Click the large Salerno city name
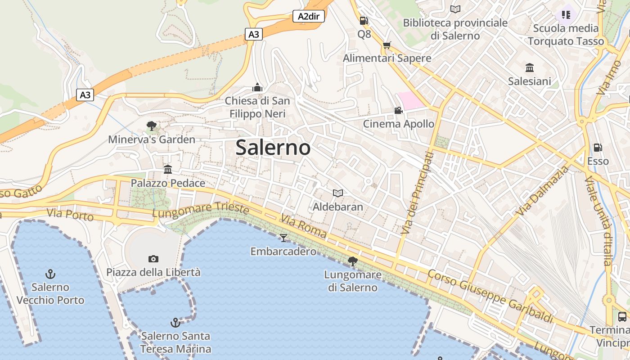pos(273,148)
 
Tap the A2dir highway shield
pos(309,17)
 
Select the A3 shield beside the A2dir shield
pos(254,34)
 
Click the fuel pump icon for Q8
pos(364,21)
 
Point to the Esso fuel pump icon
pos(598,148)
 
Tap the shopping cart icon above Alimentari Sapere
pos(387,45)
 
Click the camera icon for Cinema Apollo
pos(398,111)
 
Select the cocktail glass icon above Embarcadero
pos(283,238)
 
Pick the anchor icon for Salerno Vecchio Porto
pos(50,274)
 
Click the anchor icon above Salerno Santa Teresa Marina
pos(175,322)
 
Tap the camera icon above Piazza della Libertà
pos(153,259)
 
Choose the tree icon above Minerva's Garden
pos(152,126)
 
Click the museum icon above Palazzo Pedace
pos(168,170)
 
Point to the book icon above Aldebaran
pos(338,193)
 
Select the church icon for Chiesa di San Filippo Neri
pos(257,87)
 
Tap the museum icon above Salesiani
pos(530,68)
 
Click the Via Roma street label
pos(304,226)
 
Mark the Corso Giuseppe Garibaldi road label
pos(490,296)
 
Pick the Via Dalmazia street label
pos(543,190)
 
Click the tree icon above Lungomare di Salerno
pos(353,261)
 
